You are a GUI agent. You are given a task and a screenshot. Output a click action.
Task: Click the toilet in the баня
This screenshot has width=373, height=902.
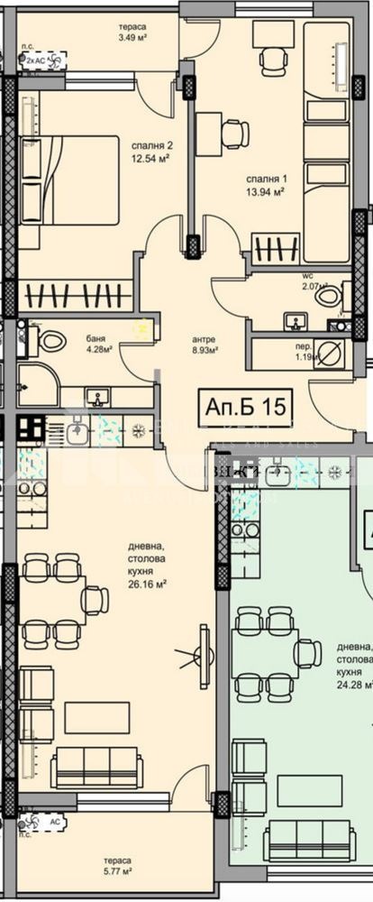click(x=50, y=341)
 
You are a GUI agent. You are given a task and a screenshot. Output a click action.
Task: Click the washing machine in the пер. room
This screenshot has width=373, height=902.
click(x=329, y=354)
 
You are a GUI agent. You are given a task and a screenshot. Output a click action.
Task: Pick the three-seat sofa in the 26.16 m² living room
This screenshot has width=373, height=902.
click(x=96, y=768)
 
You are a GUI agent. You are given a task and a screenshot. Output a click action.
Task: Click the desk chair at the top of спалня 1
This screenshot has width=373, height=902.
click(x=272, y=60)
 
